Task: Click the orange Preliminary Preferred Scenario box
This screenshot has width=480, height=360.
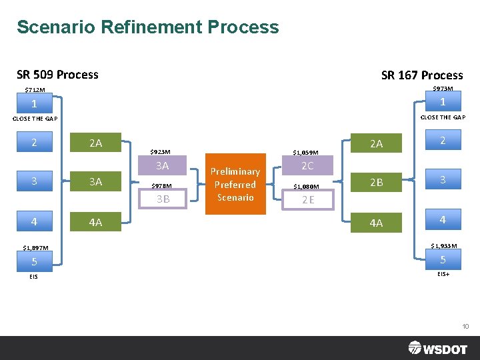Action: (x=235, y=184)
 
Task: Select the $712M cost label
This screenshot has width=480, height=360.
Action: (x=35, y=90)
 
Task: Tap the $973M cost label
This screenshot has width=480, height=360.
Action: (x=443, y=89)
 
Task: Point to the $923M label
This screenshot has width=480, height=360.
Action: (x=161, y=152)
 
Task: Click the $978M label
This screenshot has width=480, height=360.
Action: (x=161, y=186)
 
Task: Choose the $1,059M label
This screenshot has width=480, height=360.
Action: (x=306, y=153)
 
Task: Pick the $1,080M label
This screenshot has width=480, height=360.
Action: (x=307, y=187)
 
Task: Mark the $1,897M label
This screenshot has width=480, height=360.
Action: (x=35, y=248)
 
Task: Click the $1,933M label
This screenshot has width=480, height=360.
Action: (x=443, y=246)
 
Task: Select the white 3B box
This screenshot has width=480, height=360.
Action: (x=163, y=199)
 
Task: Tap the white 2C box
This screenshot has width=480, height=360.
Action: (x=307, y=166)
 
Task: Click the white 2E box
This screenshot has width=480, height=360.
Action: (x=308, y=199)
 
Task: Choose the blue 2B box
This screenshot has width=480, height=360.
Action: (x=377, y=182)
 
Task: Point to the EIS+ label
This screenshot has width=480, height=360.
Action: (x=443, y=274)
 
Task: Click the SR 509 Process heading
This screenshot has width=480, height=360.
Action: (x=57, y=75)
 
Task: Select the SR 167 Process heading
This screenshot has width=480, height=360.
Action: (x=422, y=75)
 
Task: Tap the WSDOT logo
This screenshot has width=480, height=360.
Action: (x=437, y=347)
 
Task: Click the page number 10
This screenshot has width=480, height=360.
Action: (x=465, y=326)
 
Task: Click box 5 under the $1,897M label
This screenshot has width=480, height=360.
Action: (x=34, y=261)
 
